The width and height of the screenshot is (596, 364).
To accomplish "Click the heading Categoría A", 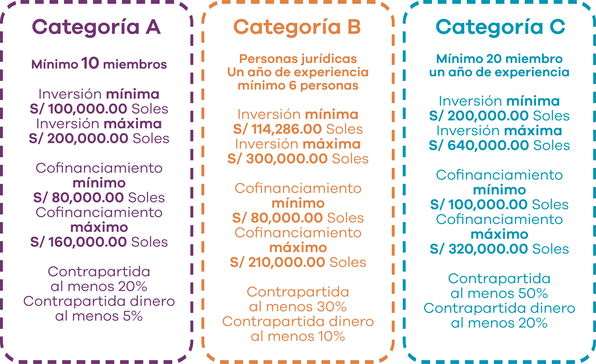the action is click(96, 27).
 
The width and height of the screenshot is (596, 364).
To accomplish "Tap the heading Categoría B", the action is click(297, 27).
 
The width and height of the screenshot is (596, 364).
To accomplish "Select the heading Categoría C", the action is click(500, 27).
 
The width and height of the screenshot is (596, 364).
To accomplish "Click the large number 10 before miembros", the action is click(90, 63).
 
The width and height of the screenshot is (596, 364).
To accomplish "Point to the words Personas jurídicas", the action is click(298, 59).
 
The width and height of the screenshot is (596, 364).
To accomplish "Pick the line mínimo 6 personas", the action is click(298, 86).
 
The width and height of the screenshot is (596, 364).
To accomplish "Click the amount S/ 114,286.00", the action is click(277, 129).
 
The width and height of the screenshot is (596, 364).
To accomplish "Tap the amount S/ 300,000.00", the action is click(277, 159).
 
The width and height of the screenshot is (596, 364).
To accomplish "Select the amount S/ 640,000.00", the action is click(479, 145).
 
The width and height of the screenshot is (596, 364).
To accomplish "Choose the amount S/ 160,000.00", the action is click(79, 242).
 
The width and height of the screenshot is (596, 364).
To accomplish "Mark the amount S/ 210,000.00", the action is click(277, 262).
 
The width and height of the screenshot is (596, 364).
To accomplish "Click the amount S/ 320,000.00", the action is click(479, 249).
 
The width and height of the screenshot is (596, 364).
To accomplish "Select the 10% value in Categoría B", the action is click(331, 337).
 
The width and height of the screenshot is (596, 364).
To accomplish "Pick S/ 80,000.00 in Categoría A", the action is click(79, 198).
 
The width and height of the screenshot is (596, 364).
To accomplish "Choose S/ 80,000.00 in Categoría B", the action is click(277, 218).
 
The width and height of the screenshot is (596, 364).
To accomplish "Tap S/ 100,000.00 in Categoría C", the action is click(479, 205).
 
